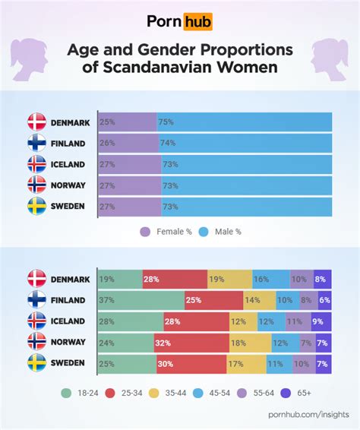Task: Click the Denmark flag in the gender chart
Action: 37,122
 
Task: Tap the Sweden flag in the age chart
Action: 37,363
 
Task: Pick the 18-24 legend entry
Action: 77,394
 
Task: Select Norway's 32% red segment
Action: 191,343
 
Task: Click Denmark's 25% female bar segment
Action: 127,122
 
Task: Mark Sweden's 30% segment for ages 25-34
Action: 188,363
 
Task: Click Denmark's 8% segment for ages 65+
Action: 322,280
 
